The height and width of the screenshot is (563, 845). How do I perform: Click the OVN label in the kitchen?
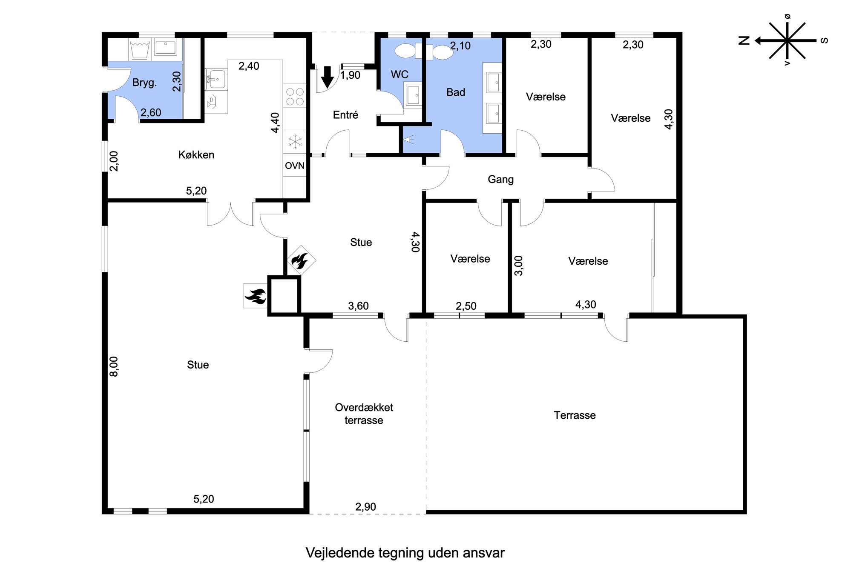click(x=295, y=166)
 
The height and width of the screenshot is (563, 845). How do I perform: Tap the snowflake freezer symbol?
click(x=295, y=141)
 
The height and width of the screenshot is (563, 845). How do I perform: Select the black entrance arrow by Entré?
click(x=327, y=77)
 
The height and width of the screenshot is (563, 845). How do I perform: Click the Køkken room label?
click(x=196, y=154)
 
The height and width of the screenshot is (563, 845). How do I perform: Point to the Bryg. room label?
click(x=144, y=83)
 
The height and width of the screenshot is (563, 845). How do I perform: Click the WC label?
click(x=400, y=74)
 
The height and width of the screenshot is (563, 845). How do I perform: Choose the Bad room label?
click(x=456, y=92)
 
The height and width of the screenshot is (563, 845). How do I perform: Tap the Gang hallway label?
click(x=500, y=180)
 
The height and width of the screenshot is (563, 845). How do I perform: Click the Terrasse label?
click(x=575, y=415)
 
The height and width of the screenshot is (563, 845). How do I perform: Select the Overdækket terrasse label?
click(x=364, y=414)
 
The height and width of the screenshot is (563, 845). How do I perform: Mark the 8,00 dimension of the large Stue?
click(x=114, y=366)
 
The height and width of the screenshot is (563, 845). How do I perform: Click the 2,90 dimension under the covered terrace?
click(x=366, y=507)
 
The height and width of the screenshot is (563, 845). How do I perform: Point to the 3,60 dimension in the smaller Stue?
click(x=358, y=306)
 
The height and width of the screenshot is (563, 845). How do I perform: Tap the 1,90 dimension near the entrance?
click(x=351, y=75)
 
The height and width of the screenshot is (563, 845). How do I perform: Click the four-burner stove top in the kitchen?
click(x=295, y=97)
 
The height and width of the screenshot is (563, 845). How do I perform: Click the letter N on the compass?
click(x=744, y=41)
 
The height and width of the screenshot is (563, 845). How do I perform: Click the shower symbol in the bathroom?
click(x=409, y=139)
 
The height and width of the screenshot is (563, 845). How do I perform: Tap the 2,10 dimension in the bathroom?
click(x=460, y=46)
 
